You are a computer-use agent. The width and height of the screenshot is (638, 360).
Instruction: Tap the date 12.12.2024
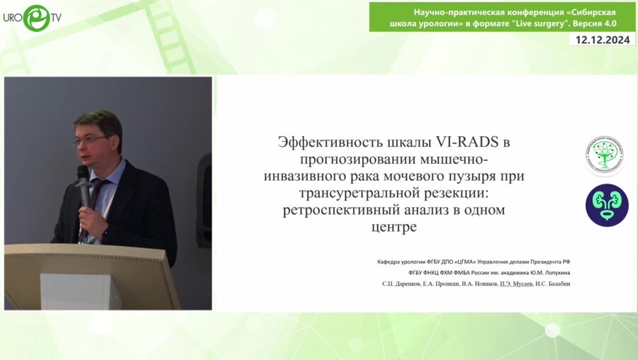pos(603,40)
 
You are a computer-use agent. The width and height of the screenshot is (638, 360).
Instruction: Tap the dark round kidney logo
pos(607,205)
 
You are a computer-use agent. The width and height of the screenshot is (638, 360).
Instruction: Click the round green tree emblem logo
pos(605,155)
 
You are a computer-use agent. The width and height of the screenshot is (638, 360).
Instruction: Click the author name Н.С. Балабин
pos(556,283)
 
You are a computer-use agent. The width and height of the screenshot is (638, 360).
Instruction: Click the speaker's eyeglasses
pos(91,140)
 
